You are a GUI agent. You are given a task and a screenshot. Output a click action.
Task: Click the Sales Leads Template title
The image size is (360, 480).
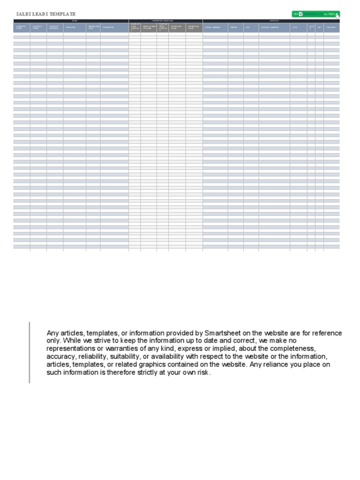45,14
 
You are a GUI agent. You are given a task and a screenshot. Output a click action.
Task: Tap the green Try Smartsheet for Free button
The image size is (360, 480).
315,14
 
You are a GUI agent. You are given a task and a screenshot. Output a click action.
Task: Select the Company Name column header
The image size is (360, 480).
22,28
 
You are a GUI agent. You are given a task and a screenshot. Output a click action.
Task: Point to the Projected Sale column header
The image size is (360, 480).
93,28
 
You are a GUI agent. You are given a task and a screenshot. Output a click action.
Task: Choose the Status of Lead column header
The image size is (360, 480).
177,28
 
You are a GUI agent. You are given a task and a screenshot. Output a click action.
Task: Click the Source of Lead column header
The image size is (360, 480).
194,28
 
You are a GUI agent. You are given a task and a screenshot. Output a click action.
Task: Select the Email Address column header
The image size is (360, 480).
215,28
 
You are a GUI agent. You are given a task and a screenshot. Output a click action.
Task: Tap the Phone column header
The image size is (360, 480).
236,28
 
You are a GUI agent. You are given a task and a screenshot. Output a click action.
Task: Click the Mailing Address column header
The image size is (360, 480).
274,28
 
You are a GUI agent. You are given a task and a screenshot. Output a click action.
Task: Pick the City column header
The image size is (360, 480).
298,28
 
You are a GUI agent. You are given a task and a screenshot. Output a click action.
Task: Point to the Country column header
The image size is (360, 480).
331,28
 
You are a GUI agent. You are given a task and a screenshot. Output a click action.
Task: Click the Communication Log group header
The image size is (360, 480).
165,21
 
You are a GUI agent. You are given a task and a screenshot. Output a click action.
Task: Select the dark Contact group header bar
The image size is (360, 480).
271,21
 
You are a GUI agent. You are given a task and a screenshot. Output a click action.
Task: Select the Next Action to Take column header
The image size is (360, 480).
149,28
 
